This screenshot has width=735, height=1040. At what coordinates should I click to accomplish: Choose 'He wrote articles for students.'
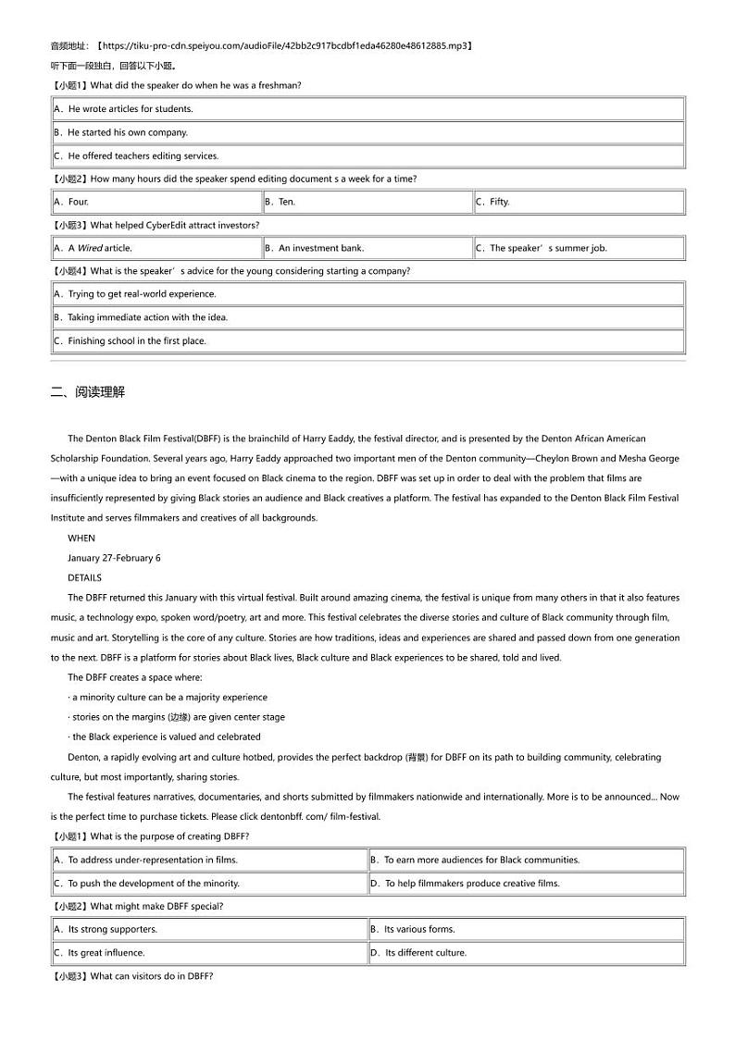click(130, 109)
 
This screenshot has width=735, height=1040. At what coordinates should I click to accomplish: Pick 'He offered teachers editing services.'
click(143, 156)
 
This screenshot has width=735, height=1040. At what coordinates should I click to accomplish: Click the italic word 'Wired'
click(90, 248)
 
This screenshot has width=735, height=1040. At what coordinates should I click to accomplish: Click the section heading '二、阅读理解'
click(87, 392)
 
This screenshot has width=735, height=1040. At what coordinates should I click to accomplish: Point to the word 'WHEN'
click(81, 539)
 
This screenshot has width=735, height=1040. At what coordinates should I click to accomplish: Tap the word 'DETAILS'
click(85, 577)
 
